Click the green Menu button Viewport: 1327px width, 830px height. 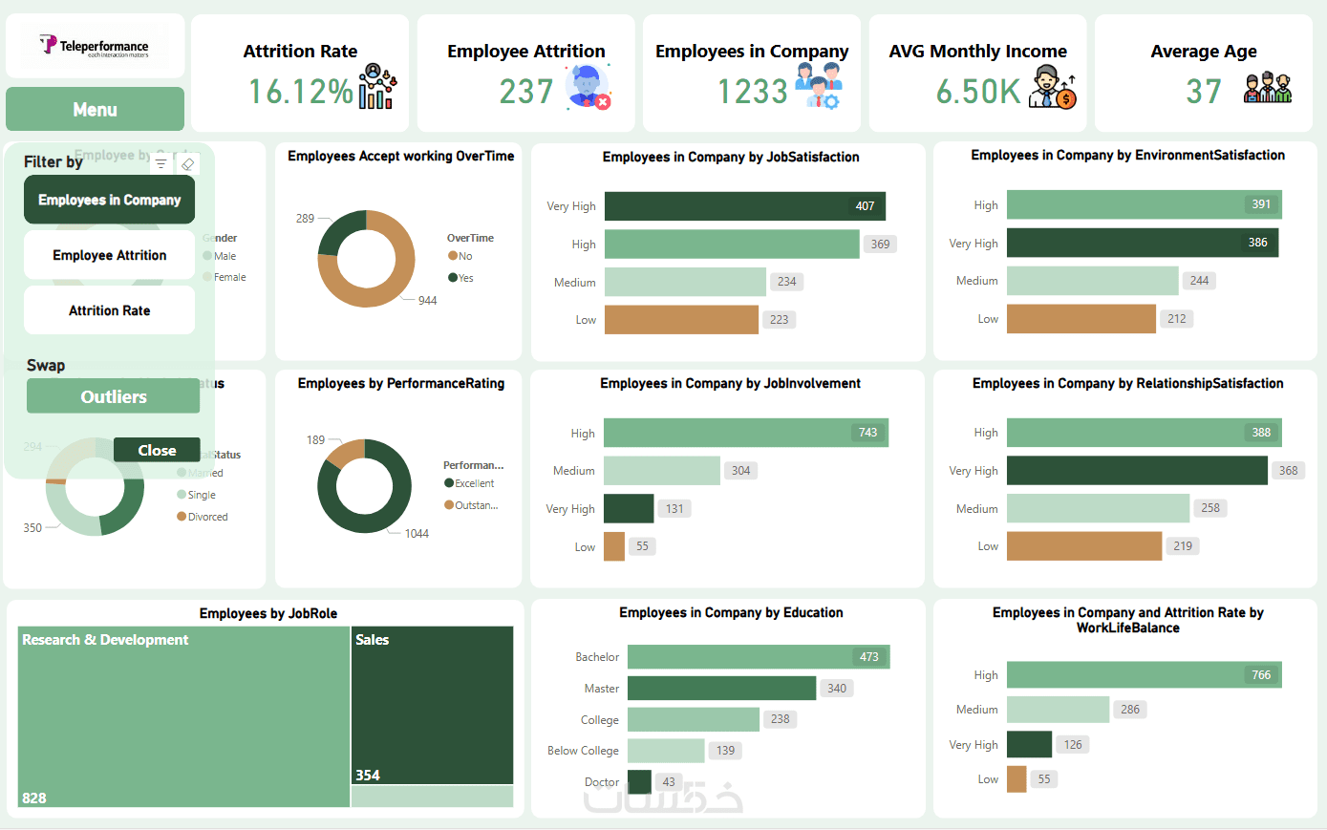pyautogui.click(x=95, y=109)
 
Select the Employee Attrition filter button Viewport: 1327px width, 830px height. pyautogui.click(x=109, y=255)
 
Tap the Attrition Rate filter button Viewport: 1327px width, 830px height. pyautogui.click(x=109, y=310)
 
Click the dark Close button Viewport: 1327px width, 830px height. pyautogui.click(x=157, y=450)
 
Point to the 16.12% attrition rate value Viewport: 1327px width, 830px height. pyautogui.click(x=300, y=92)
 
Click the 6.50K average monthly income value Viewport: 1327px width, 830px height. pyautogui.click(x=977, y=92)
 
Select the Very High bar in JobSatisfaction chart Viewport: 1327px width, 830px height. pyautogui.click(x=745, y=206)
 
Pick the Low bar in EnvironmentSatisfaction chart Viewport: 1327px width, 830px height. pyautogui.click(x=1081, y=319)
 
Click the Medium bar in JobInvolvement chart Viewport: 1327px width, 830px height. pyautogui.click(x=661, y=471)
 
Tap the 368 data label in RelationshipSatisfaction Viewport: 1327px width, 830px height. pyautogui.click(x=1288, y=471)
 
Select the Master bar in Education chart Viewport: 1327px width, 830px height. pyautogui.click(x=721, y=689)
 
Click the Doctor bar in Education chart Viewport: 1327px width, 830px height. pyautogui.click(x=639, y=781)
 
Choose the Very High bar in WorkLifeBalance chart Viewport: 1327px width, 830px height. pyautogui.click(x=1029, y=745)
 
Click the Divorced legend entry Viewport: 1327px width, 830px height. pyautogui.click(x=206, y=517)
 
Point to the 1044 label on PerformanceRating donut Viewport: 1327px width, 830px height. pyautogui.click(x=417, y=534)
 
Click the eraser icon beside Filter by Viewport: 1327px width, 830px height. pyautogui.click(x=188, y=164)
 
